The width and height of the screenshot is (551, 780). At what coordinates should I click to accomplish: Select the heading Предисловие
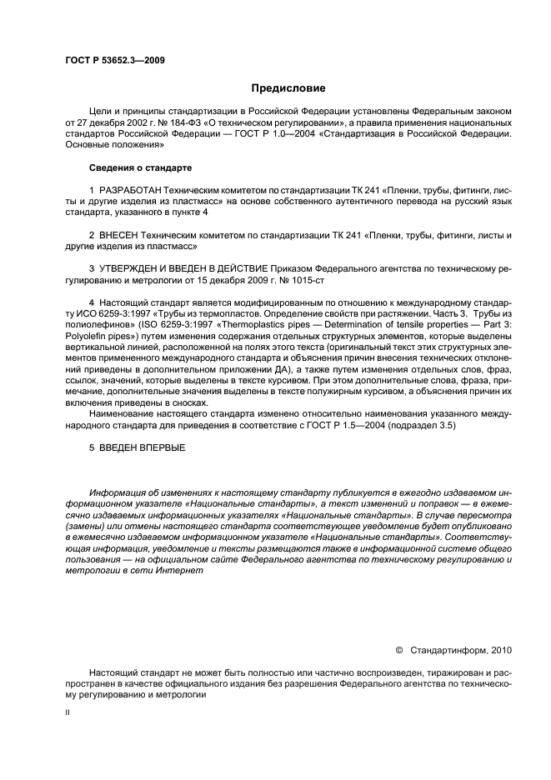[x=288, y=87]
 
